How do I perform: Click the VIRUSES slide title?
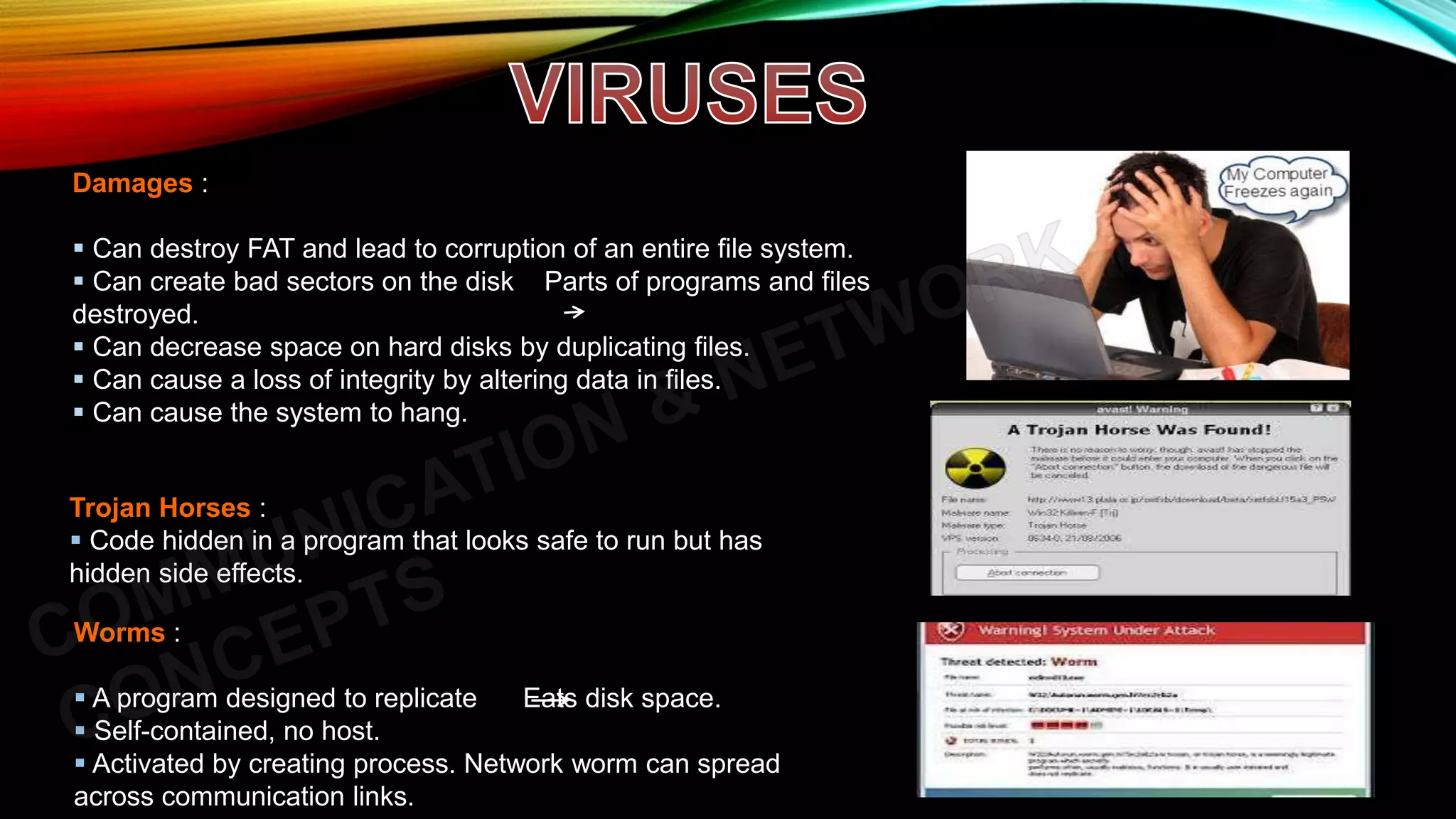point(688,94)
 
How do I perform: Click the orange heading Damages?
point(132,183)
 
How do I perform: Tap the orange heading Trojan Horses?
point(160,508)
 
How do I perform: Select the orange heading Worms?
point(119,633)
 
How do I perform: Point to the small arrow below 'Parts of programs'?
point(574,311)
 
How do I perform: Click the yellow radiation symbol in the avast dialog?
point(975,468)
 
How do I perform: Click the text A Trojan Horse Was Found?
point(1139,429)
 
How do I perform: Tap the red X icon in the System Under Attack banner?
point(951,630)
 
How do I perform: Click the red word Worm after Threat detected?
point(1074,661)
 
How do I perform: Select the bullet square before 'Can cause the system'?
point(79,412)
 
